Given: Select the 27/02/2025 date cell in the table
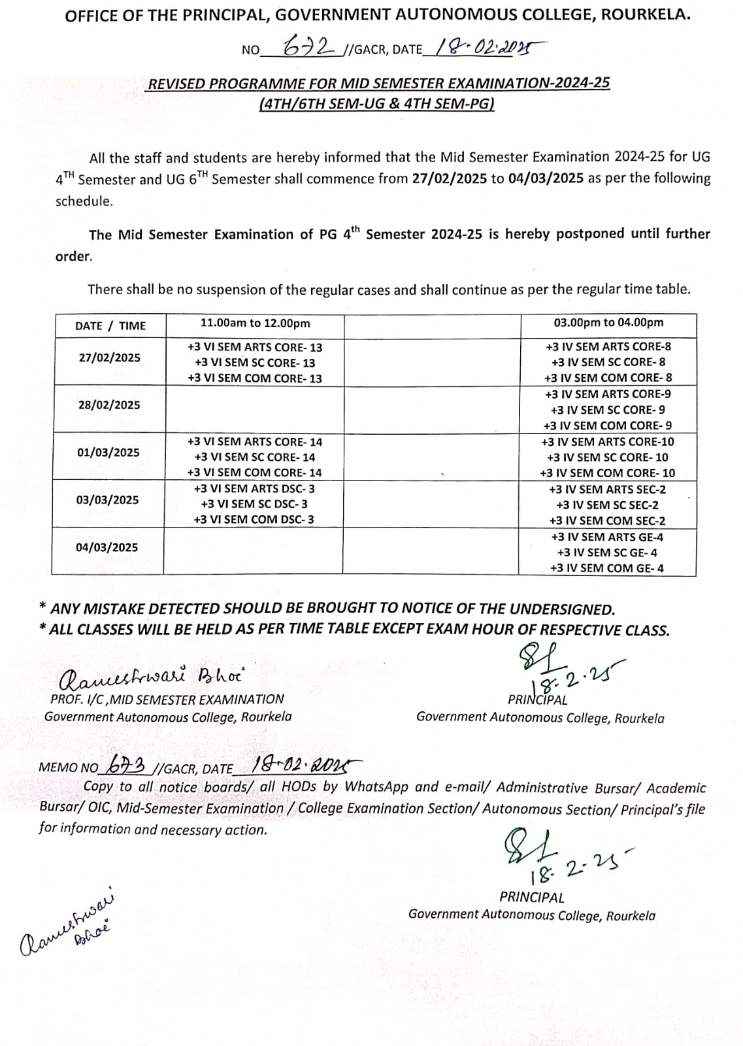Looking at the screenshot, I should [x=109, y=358].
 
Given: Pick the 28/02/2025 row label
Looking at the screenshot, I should [x=109, y=405].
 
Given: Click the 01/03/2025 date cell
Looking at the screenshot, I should [x=108, y=452].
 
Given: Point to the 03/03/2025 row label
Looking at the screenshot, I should [x=108, y=499].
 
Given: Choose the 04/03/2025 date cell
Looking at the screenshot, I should [x=107, y=547].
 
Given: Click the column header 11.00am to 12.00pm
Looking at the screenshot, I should [x=255, y=323].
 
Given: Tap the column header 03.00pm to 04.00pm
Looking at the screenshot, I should [x=608, y=322].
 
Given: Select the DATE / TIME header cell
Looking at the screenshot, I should [x=110, y=326].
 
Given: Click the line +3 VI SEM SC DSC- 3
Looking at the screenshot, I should [x=254, y=504].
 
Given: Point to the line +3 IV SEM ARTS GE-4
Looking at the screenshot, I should [x=607, y=537].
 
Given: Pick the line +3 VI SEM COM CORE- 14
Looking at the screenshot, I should [x=254, y=473].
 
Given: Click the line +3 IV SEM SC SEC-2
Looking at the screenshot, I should [x=607, y=505].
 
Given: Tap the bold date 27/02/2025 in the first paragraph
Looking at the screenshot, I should [x=450, y=178].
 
